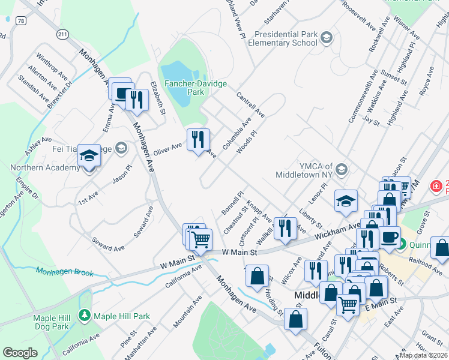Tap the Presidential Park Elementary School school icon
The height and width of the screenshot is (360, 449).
326,38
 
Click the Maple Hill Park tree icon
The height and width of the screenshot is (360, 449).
85,316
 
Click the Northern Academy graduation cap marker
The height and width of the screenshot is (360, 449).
88,158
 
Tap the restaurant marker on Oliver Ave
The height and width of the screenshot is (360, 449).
197,140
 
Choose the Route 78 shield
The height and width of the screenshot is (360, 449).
21,20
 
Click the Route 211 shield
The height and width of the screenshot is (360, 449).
62,35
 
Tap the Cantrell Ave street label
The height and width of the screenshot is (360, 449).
250,104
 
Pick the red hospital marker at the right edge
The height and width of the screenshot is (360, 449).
436,187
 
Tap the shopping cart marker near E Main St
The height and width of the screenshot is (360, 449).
348,305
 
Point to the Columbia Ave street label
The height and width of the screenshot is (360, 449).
237,133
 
